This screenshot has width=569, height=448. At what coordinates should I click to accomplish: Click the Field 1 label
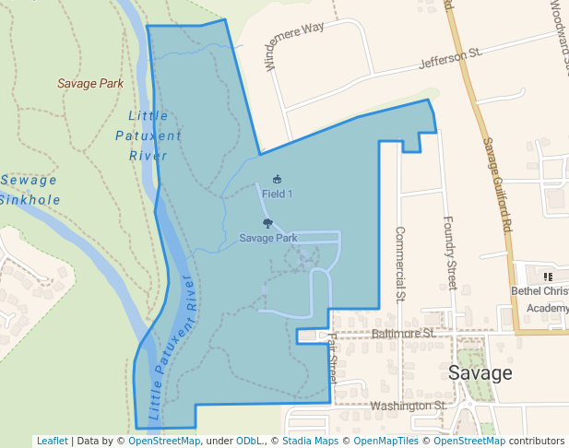click(x=277, y=194)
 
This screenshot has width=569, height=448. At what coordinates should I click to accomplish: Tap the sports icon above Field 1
click(x=277, y=179)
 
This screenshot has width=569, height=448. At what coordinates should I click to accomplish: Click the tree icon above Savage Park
click(x=267, y=223)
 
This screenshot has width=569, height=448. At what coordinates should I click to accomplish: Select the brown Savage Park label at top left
click(x=90, y=83)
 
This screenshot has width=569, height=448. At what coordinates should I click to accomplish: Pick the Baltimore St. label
click(x=403, y=333)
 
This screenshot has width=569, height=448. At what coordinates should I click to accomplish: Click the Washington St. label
click(x=407, y=406)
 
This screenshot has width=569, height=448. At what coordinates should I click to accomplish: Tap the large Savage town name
click(x=480, y=373)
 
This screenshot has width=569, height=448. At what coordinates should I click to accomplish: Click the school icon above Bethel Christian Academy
click(x=548, y=276)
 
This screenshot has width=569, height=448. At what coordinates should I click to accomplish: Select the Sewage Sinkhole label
click(x=29, y=190)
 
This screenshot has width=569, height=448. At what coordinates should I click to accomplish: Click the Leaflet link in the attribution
click(x=52, y=442)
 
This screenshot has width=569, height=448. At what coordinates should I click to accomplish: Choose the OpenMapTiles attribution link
click(x=381, y=442)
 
